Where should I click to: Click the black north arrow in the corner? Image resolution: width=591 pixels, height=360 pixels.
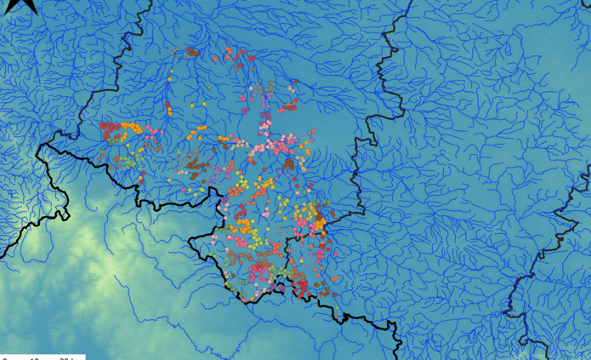click(x=26, y=4)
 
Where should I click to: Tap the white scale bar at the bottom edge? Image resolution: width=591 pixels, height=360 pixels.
click(x=43, y=357)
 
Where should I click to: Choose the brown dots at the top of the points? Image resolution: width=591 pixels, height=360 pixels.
click(x=194, y=52)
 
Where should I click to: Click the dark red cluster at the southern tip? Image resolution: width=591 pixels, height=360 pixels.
click(x=304, y=288)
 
